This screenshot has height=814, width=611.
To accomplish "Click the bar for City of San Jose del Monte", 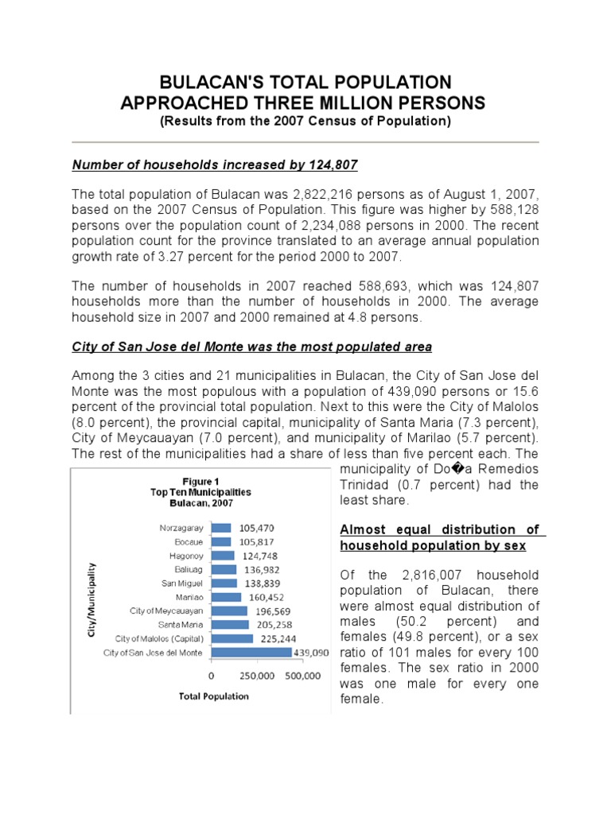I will (x=251, y=653).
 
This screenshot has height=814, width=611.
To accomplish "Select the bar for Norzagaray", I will (x=221, y=528).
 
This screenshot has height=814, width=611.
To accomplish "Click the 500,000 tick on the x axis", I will (x=302, y=676).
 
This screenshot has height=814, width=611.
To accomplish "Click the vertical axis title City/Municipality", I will (x=92, y=590).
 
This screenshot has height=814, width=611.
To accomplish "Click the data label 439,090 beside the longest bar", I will (x=312, y=653).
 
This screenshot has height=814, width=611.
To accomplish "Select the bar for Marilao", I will (x=227, y=597).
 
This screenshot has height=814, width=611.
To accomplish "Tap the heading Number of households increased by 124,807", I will (x=215, y=165).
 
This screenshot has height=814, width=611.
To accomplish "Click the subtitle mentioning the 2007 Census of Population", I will (x=305, y=122).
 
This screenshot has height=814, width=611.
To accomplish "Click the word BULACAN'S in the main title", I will (x=214, y=83).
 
